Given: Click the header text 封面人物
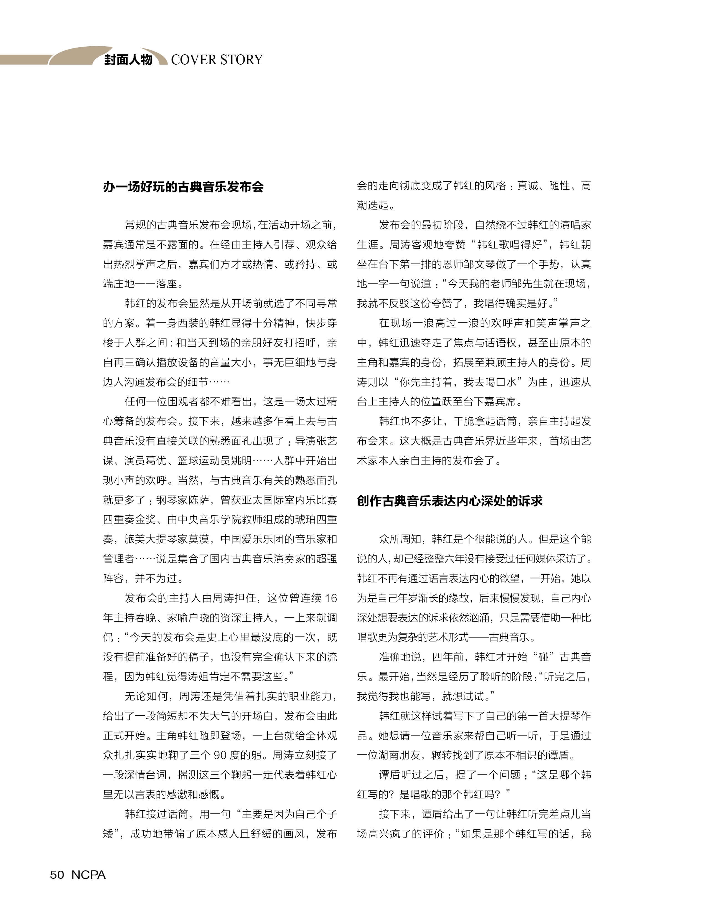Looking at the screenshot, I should click(x=128, y=60).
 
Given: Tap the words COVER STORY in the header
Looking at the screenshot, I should click(x=217, y=60).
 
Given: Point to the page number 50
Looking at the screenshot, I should click(x=57, y=875).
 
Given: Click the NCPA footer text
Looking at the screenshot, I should click(x=88, y=875).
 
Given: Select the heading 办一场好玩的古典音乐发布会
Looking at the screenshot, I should click(x=183, y=187).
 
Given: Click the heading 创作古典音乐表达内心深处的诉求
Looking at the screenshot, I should click(x=450, y=501).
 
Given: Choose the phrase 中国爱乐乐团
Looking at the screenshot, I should click(x=252, y=539).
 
